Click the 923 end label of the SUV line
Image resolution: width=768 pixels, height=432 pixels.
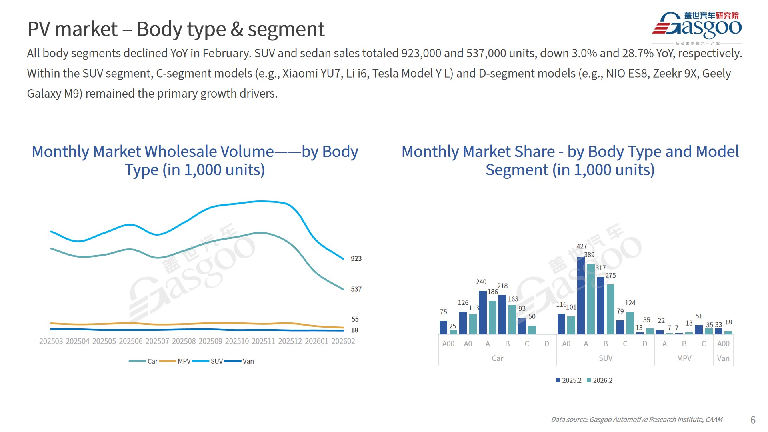(356, 259)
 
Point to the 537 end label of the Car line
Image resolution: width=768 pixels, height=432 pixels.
(356, 289)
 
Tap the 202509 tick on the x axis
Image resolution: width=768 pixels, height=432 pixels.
(210, 341)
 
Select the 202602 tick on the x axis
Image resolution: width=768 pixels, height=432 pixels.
(343, 341)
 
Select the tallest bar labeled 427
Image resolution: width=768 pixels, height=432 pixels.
(581, 296)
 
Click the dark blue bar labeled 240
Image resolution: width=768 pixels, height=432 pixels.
(483, 312)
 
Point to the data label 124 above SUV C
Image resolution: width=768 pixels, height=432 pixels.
(630, 303)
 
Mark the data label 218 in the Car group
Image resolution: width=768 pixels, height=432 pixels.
(502, 286)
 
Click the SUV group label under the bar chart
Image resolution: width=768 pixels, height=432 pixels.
(606, 358)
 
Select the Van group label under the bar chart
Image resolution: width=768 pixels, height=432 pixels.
(723, 358)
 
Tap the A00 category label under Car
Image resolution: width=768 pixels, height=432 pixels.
(448, 344)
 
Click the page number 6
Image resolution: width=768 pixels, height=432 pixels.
(753, 420)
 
